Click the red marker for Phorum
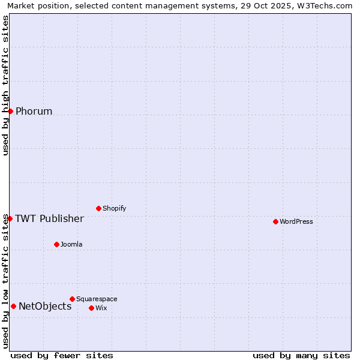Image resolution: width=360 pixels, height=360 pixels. tap(10, 111)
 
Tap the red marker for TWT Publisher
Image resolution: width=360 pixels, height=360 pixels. tap(10, 218)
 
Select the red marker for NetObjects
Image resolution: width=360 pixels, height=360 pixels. tap(13, 306)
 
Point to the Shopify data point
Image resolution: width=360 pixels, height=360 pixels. tap(98, 208)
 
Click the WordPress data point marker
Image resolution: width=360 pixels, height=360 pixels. tap(275, 221)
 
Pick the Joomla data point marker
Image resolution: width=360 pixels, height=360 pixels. tap(56, 244)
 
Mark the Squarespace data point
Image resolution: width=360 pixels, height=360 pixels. tap(72, 299)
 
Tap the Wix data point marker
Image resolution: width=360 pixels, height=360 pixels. tap(91, 308)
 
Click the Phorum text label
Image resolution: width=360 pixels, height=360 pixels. tap(34, 111)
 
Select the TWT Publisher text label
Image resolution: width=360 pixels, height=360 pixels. tap(49, 218)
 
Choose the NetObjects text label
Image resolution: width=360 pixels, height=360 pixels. tap(45, 306)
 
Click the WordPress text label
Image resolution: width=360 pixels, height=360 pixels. tap(296, 221)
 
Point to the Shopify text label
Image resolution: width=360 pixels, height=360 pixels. tap(114, 208)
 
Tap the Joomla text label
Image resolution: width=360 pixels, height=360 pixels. tap(71, 244)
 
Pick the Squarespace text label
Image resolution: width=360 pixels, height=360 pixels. tap(97, 299)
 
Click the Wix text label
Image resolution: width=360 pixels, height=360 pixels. tap(101, 308)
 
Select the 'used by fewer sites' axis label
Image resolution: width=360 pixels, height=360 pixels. tap(62, 355)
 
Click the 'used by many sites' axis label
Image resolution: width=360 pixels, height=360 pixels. tap(301, 355)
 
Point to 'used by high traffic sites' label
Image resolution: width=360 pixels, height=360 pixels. tap(5, 85)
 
